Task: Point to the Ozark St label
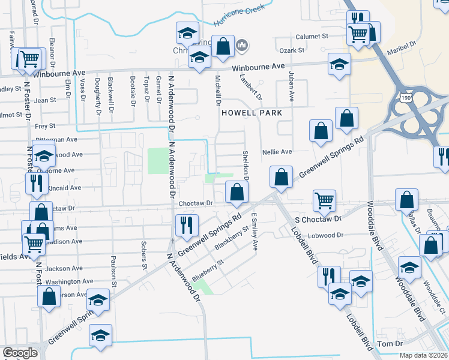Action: [x=294, y=50]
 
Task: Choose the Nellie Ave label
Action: [x=277, y=152]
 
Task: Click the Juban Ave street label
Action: [x=291, y=86]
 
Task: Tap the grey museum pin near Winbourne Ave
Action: [x=243, y=46]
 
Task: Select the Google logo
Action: [x=20, y=353]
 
